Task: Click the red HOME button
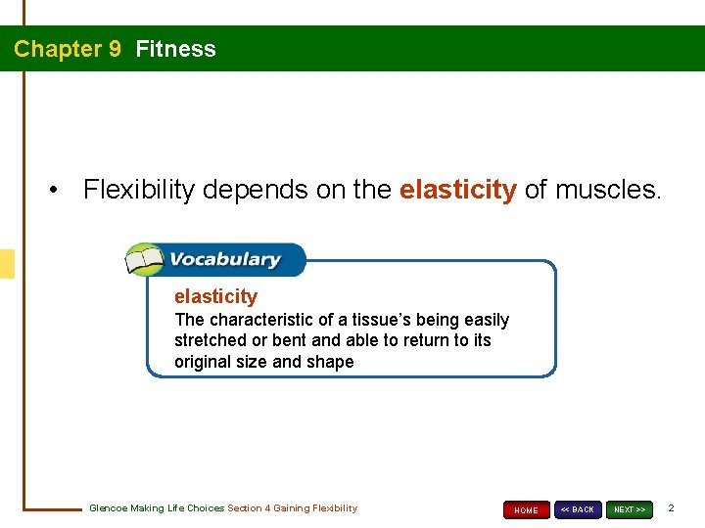pyautogui.click(x=526, y=509)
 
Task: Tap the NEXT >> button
pyautogui.click(x=629, y=509)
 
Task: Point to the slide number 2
pyautogui.click(x=671, y=508)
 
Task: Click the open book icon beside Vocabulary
pyautogui.click(x=144, y=260)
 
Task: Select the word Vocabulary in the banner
pyautogui.click(x=224, y=260)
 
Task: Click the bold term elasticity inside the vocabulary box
pyautogui.click(x=215, y=296)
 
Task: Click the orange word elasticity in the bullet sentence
pyautogui.click(x=457, y=190)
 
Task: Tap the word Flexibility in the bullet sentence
pyautogui.click(x=139, y=190)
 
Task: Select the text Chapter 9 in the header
pyautogui.click(x=68, y=49)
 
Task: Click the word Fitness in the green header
pyautogui.click(x=176, y=49)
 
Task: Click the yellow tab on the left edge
pyautogui.click(x=7, y=264)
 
